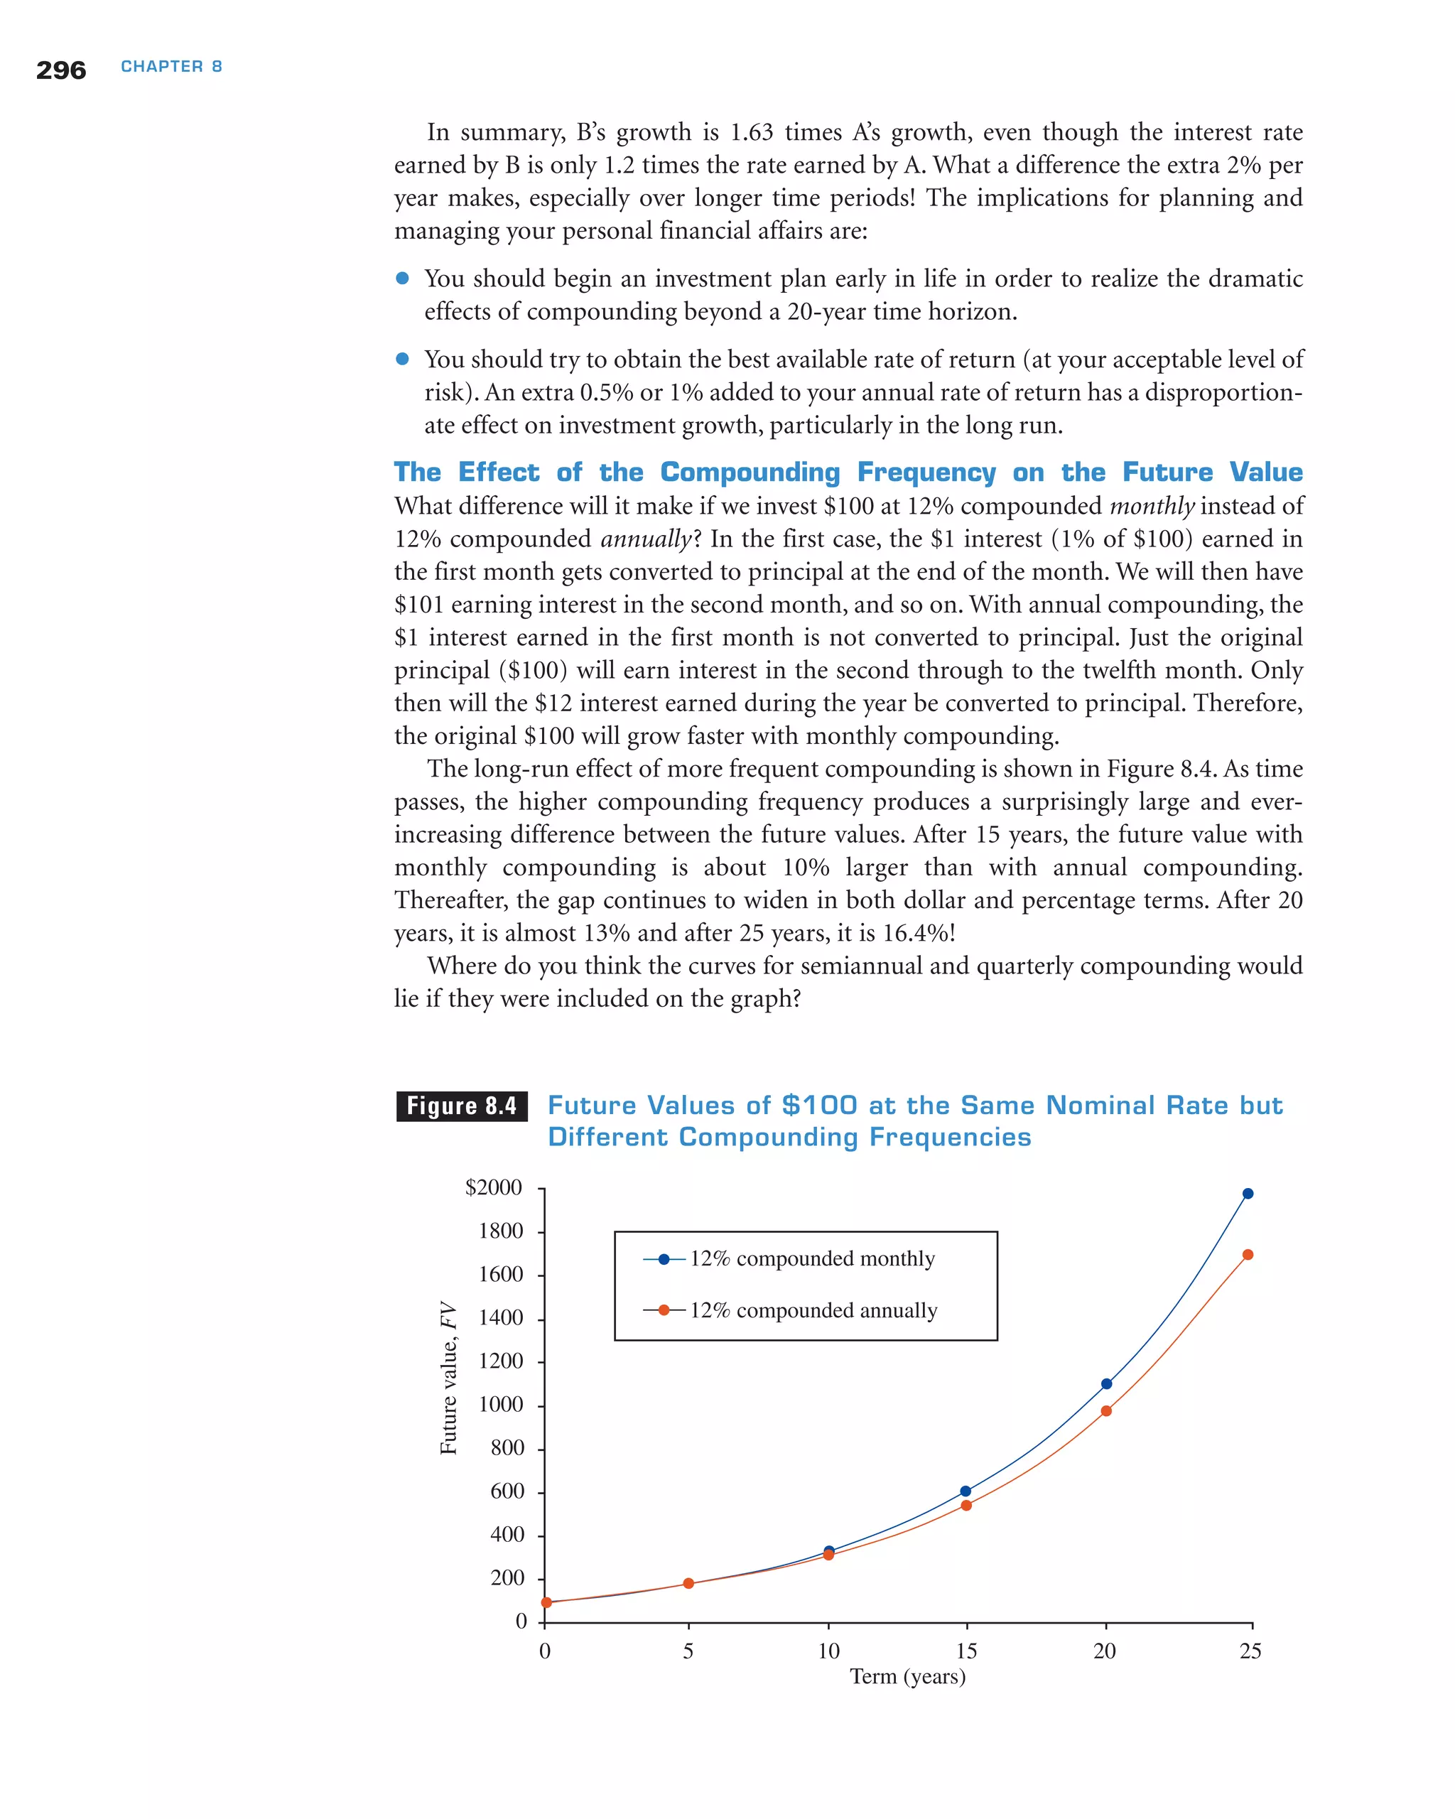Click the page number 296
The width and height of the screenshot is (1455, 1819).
[60, 70]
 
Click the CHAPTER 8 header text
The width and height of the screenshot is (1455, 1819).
[171, 67]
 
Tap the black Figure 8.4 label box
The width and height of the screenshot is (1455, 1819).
[461, 1106]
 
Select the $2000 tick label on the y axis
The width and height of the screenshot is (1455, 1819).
[494, 1188]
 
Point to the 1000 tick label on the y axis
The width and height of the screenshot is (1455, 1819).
[501, 1405]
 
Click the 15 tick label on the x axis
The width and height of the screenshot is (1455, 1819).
[967, 1651]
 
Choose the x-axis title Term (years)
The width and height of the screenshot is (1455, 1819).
[907, 1676]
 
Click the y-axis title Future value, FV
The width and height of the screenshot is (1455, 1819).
[449, 1378]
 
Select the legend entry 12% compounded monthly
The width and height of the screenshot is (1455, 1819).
[811, 1259]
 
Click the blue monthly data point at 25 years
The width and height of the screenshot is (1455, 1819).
[1248, 1194]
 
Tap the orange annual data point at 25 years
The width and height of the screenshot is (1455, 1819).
[1248, 1256]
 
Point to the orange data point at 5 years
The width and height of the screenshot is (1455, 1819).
[688, 1584]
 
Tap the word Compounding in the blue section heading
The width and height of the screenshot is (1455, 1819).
[750, 473]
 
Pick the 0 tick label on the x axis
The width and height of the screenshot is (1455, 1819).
[545, 1651]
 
